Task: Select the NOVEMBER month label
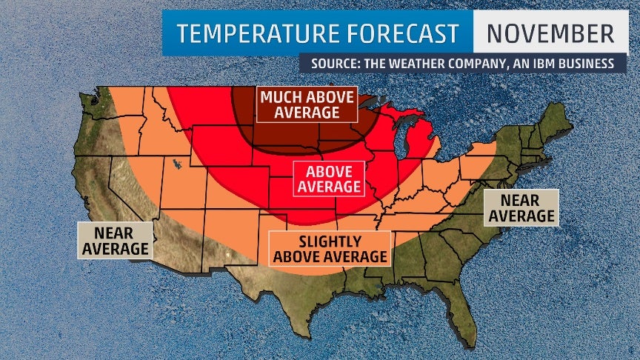[550, 33]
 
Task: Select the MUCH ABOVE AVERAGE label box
[307, 104]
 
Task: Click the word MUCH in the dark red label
[281, 97]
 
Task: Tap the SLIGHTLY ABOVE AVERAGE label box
[330, 249]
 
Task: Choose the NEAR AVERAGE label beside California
[115, 241]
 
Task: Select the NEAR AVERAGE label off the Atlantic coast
[521, 207]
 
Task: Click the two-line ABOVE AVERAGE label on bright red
[328, 179]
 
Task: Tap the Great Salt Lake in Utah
[176, 164]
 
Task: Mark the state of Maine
[557, 119]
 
